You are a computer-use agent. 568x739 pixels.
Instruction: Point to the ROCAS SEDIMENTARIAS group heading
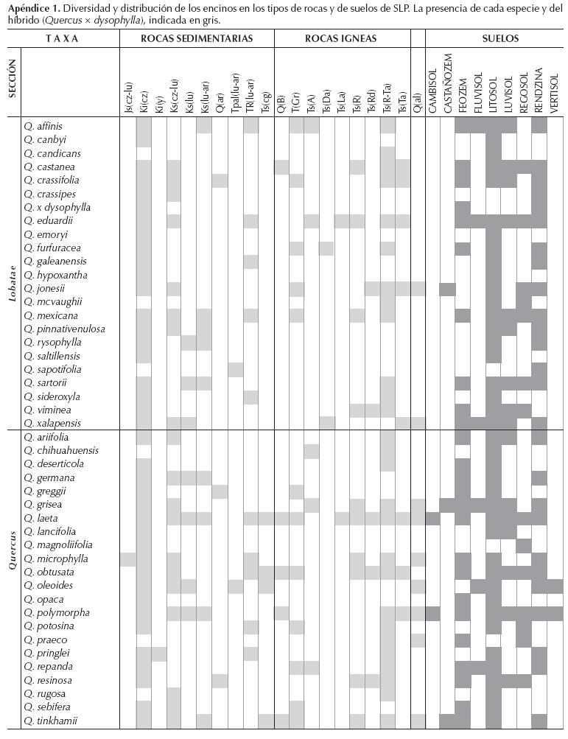pyautogui.click(x=197, y=38)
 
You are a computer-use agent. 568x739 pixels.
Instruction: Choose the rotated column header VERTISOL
pyautogui.click(x=554, y=93)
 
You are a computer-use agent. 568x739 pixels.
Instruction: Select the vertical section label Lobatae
pyautogui.click(x=12, y=273)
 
